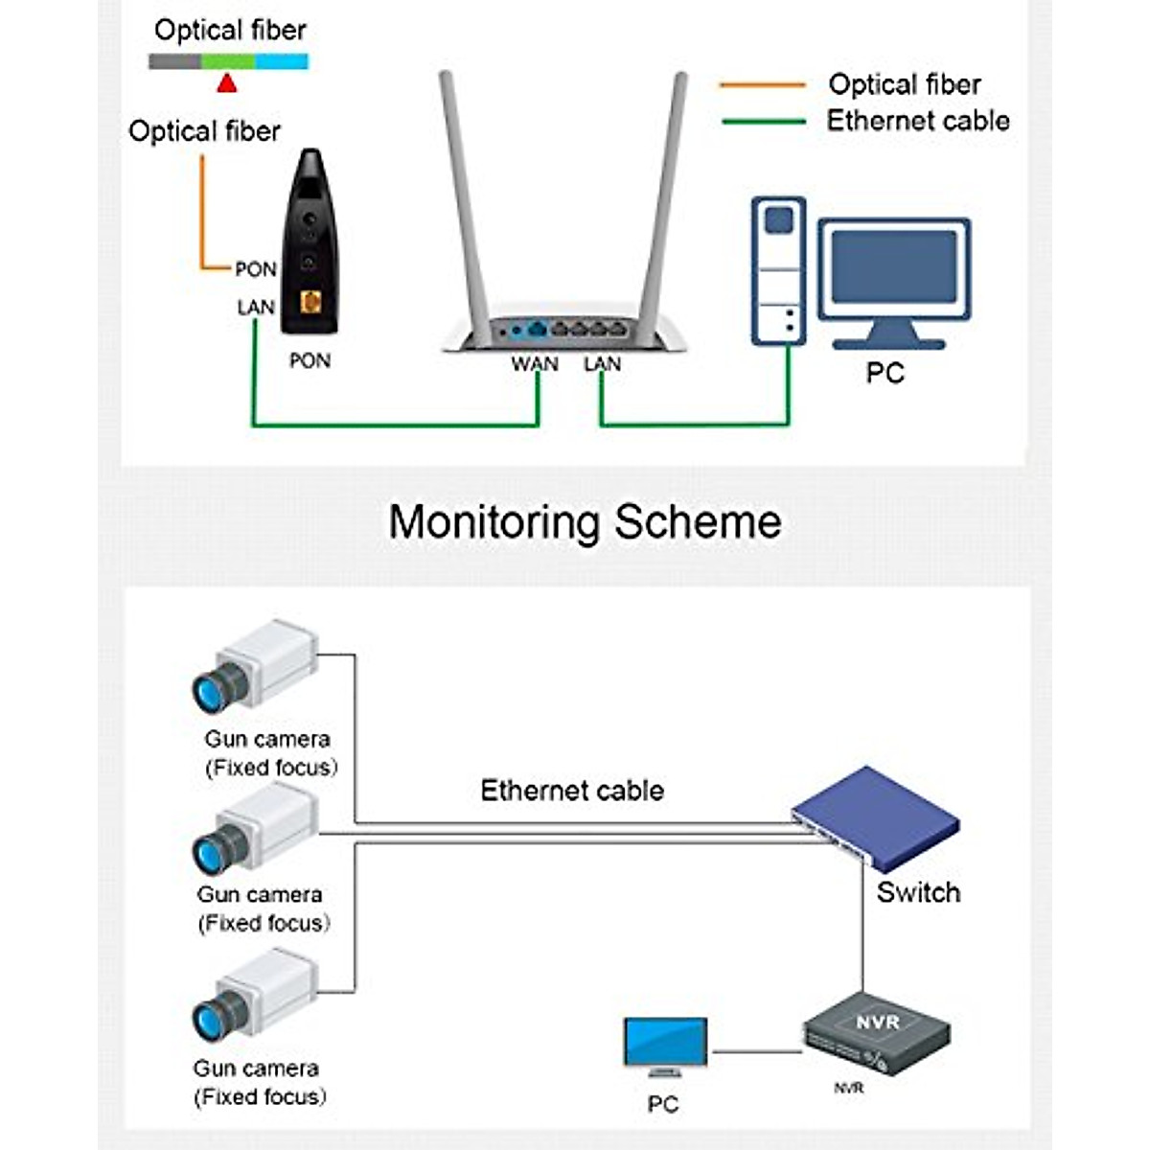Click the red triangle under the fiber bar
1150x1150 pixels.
point(226,83)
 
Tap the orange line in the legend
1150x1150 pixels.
point(763,85)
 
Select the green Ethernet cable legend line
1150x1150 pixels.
point(763,122)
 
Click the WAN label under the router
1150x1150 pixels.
point(534,364)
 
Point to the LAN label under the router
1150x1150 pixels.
point(602,364)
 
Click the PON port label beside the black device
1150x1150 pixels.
point(256,269)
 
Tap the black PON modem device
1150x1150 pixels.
point(309,244)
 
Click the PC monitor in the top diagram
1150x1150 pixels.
point(893,273)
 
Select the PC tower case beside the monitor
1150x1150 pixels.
point(778,270)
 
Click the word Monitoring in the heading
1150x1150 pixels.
point(494,522)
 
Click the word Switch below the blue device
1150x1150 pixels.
point(918,892)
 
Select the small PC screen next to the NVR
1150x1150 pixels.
point(665,1043)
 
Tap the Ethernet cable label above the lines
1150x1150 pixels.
point(572,791)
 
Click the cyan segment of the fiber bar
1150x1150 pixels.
point(282,61)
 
